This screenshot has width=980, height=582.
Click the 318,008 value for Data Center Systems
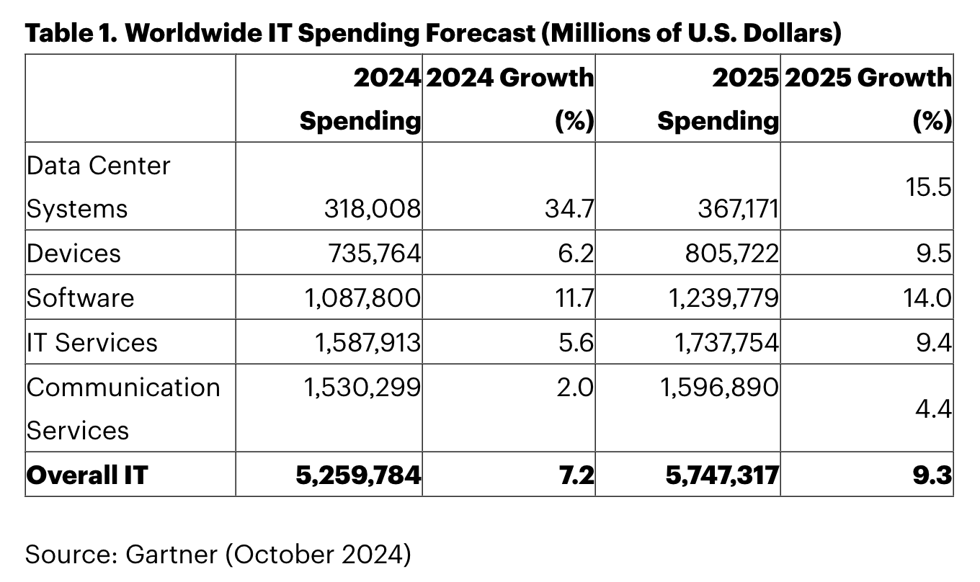pos(372,209)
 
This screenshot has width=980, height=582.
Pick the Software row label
pos(80,298)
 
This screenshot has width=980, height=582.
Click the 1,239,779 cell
pos(722,298)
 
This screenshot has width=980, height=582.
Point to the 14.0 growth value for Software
pos(927,298)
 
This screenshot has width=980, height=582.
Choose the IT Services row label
pos(92,342)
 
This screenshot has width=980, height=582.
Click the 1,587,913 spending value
pos(367,342)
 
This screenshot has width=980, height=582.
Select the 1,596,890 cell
pos(720,387)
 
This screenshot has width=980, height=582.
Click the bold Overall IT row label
pos(86,475)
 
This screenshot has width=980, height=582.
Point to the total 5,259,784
pos(358,475)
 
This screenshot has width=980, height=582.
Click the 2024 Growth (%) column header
pos(510,98)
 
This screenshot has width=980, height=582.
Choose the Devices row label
pos(73,254)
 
